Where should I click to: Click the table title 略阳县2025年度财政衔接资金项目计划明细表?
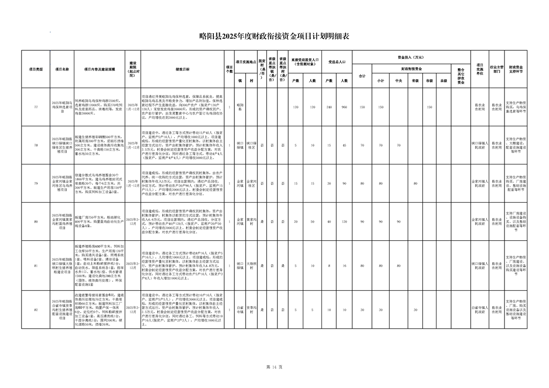pyautogui.click(x=274, y=35)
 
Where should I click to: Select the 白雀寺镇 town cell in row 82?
pyautogui.click(x=240, y=310)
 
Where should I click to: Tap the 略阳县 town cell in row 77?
pyautogui.click(x=240, y=107)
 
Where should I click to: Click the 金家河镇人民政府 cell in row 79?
pyautogui.click(x=480, y=183)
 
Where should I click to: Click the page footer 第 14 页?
pyautogui.click(x=274, y=367)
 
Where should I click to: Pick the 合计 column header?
pyautogui.click(x=362, y=75)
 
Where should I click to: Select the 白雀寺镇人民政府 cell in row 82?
pyautogui.click(x=480, y=310)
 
